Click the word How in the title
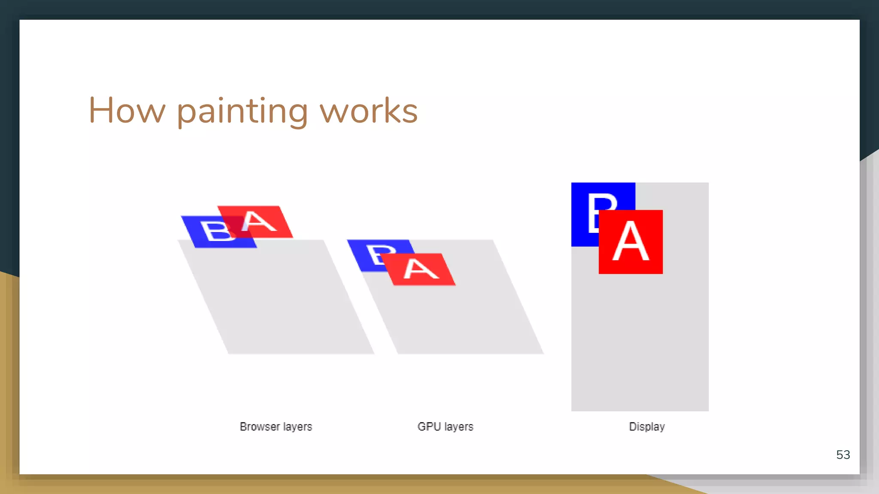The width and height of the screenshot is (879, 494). [127, 111]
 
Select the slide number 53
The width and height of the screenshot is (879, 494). [843, 455]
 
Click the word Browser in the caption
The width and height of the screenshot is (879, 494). [260, 427]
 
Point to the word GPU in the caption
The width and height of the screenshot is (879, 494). [429, 427]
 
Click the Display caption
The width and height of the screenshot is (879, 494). [647, 427]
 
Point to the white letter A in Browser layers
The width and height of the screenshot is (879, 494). [258, 222]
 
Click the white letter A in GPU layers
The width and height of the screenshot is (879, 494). [421, 269]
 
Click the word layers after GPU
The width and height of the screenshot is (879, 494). [459, 427]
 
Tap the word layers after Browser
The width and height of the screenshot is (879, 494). [297, 427]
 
